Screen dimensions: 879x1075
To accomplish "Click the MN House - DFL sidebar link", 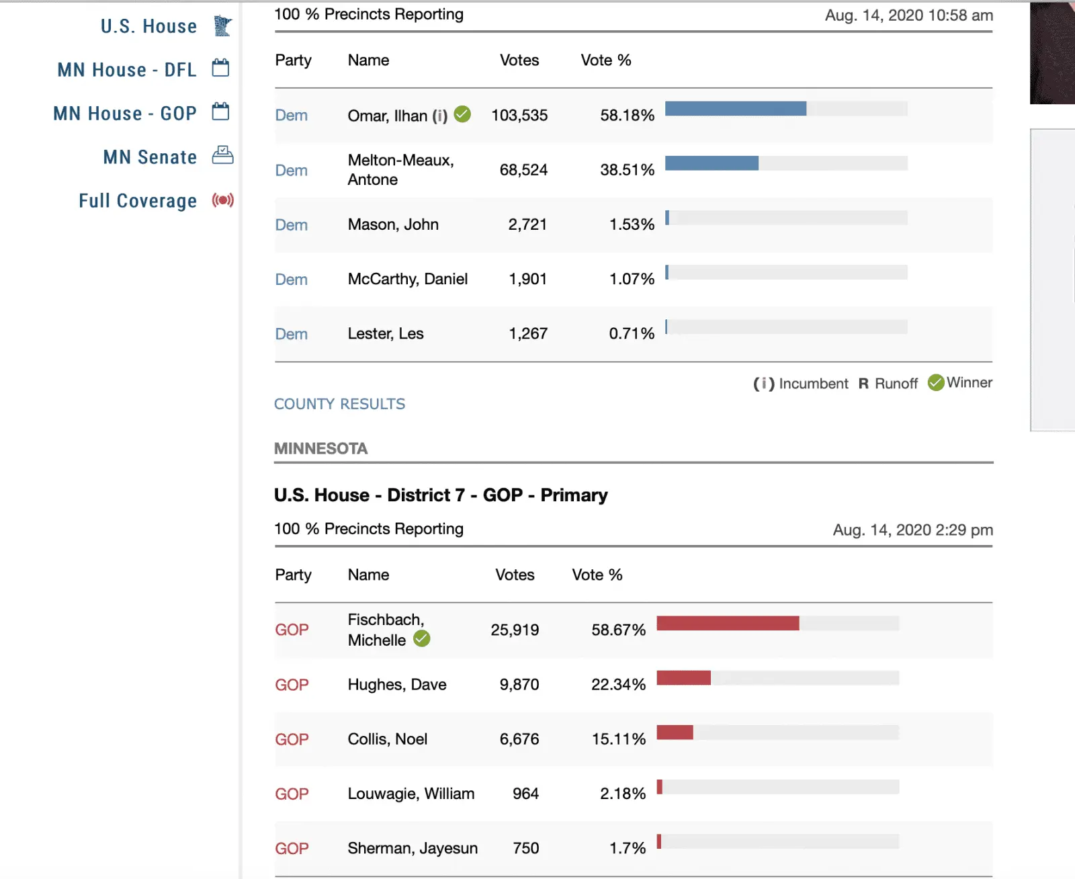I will tap(126, 70).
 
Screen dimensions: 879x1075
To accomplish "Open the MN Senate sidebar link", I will tap(150, 157).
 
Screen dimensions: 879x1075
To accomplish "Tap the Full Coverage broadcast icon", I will tap(222, 200).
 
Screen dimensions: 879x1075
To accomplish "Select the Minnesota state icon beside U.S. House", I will tap(222, 26).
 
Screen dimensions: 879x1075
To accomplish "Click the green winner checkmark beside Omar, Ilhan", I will tap(462, 114).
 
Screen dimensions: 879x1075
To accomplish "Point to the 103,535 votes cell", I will tap(519, 116).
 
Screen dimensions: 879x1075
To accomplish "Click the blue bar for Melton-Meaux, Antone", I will tap(712, 163).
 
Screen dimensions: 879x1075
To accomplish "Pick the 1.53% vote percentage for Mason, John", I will tap(632, 224).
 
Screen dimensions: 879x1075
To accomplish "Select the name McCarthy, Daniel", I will tap(407, 279).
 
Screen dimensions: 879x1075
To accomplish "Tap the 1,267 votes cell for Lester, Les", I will tap(528, 333).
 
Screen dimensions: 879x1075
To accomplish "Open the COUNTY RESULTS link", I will tap(339, 404).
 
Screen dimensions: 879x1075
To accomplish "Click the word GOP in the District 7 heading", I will tap(503, 495).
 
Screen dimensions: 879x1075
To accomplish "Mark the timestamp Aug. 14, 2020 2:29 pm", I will tap(912, 530).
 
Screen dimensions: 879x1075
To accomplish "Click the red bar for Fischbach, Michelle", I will tap(728, 624).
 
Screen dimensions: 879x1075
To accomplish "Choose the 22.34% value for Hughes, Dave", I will tap(618, 685).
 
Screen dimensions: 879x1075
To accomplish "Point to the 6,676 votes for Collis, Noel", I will tap(519, 739).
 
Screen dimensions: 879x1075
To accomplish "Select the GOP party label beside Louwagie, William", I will tap(292, 794).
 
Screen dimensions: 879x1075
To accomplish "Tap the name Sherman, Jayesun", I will tap(413, 848).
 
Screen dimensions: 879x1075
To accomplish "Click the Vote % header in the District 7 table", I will tap(597, 575).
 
